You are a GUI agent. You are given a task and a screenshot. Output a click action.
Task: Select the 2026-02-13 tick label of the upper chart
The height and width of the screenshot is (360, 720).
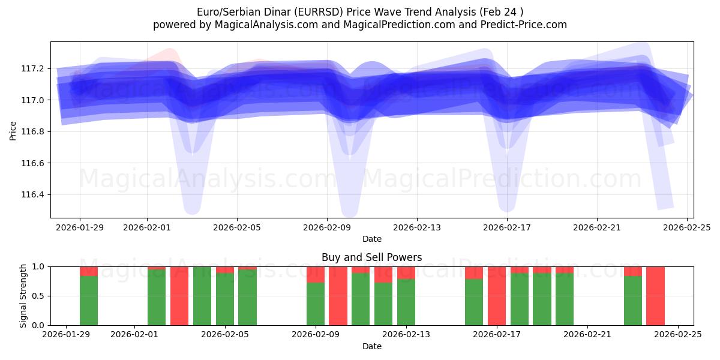pos(417,227)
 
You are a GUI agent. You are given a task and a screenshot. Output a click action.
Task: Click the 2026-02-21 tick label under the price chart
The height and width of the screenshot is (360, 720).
pos(597,227)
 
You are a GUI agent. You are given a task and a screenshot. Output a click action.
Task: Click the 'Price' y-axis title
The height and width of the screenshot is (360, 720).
pos(13,130)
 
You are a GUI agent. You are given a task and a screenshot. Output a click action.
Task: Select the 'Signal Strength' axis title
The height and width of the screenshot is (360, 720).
pos(23,296)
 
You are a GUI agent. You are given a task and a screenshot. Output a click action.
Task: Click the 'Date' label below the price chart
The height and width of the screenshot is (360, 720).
pos(372,239)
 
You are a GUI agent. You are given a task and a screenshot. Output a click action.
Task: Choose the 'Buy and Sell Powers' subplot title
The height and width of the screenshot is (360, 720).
pos(372,257)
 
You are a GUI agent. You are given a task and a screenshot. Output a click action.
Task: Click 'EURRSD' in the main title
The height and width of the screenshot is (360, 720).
pos(316,12)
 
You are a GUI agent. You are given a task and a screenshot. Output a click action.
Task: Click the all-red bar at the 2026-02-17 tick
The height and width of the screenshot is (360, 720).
pos(497,296)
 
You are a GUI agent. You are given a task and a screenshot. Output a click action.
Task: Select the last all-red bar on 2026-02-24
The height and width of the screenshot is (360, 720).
pos(655,296)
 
